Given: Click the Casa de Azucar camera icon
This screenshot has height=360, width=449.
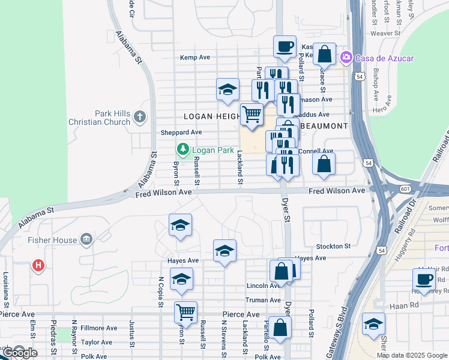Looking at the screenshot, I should coord(346,58).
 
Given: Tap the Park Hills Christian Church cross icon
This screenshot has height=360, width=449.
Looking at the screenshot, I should coord(139,116).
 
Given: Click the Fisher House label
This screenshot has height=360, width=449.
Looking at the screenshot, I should coord(52,240).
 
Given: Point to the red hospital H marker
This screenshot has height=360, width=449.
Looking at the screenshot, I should coord(38,264).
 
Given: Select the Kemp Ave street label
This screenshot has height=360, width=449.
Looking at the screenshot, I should coord(195,58).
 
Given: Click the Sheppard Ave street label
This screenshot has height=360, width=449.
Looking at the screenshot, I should coord(181,132).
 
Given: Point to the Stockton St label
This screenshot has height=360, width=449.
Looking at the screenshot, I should coord(333,246).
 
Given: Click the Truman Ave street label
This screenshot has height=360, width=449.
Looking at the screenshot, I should coord(263,300).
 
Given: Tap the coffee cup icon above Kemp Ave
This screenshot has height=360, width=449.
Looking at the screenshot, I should coord(285,46).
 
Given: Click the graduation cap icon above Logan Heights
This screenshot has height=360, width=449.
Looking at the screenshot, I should coord(228,90).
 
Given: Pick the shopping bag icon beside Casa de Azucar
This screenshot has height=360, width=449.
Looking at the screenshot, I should coord(324,54).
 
